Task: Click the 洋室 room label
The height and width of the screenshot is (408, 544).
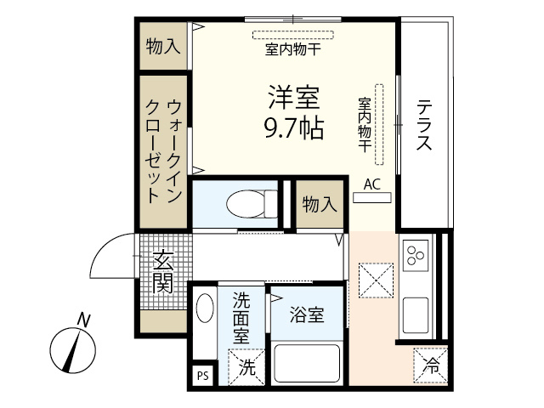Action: click(294, 99)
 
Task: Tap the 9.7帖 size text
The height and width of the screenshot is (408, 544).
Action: click(294, 130)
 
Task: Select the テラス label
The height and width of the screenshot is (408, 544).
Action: click(423, 126)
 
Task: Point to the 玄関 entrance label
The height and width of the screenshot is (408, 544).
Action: click(163, 271)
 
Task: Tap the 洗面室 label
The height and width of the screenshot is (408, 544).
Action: click(241, 317)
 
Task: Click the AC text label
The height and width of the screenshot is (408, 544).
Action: click(371, 184)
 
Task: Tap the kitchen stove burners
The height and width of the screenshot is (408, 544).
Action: click(416, 256)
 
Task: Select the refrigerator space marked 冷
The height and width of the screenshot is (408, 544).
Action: click(432, 367)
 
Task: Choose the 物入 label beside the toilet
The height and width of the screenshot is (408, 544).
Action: click(320, 204)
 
